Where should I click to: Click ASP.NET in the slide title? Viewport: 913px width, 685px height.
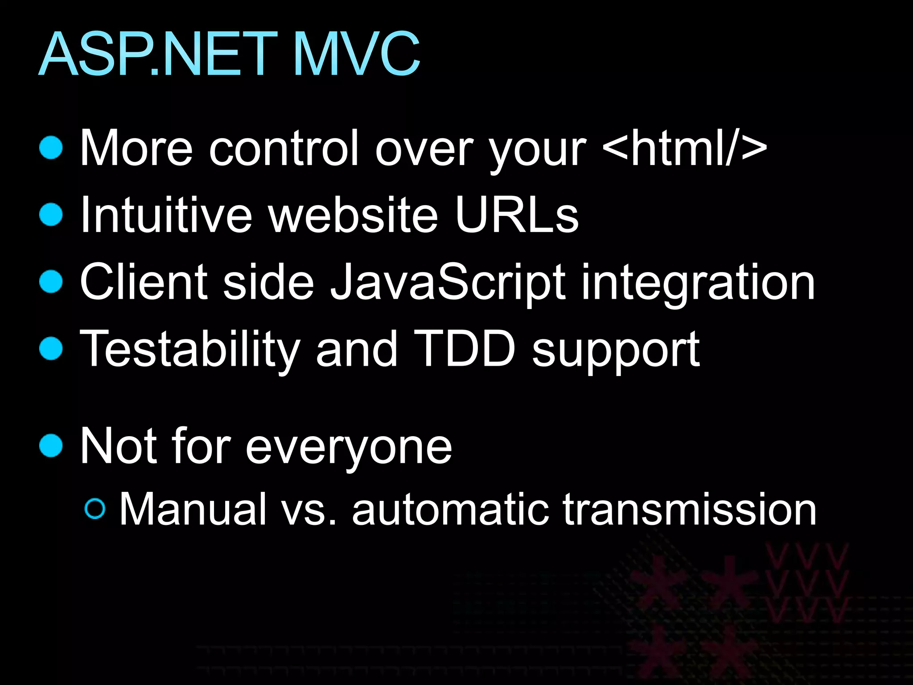[158, 54]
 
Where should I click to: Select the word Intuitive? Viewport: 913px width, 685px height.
[166, 215]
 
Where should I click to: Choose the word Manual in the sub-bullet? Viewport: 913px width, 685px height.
[193, 509]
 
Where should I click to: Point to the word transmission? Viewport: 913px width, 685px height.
[689, 509]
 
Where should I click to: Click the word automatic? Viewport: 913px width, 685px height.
[450, 509]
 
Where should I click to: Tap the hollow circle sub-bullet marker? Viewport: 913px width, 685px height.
[95, 509]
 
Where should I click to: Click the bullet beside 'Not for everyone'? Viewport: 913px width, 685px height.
[51, 446]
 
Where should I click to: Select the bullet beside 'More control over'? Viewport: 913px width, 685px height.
[51, 148]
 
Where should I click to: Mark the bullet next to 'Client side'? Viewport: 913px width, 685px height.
[51, 282]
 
